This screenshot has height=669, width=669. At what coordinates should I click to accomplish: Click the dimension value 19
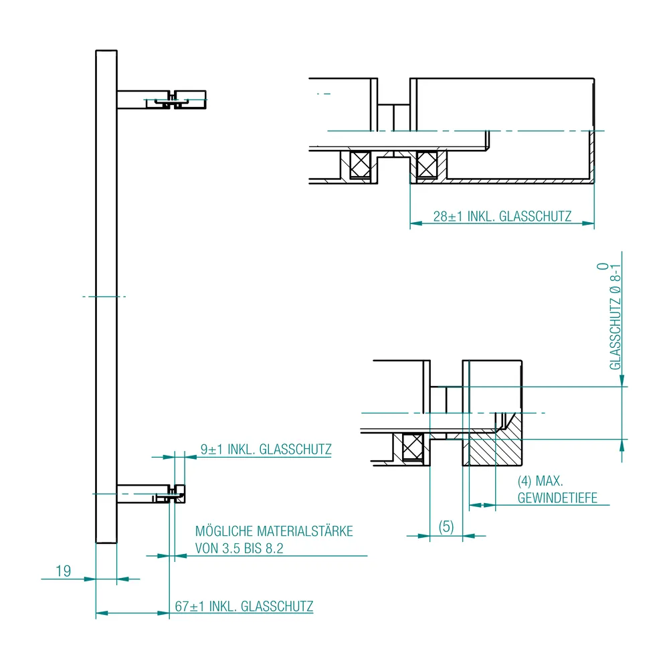click(63, 571)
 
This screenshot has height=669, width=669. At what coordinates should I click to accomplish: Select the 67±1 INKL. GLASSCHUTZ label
click(244, 606)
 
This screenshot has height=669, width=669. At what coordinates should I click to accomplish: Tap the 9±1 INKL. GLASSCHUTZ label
click(266, 450)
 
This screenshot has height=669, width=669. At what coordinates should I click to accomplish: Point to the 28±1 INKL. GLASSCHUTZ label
click(502, 216)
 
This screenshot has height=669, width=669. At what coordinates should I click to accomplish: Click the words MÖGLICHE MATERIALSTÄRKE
click(274, 531)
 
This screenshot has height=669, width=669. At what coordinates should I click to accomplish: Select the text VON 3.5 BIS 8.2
click(239, 549)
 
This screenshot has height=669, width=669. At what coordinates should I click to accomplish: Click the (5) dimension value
click(446, 527)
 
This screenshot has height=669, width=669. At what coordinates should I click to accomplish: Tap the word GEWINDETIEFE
click(557, 498)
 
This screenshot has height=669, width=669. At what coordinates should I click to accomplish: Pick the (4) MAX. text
click(540, 481)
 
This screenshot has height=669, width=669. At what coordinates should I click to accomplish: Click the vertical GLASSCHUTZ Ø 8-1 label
click(615, 316)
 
